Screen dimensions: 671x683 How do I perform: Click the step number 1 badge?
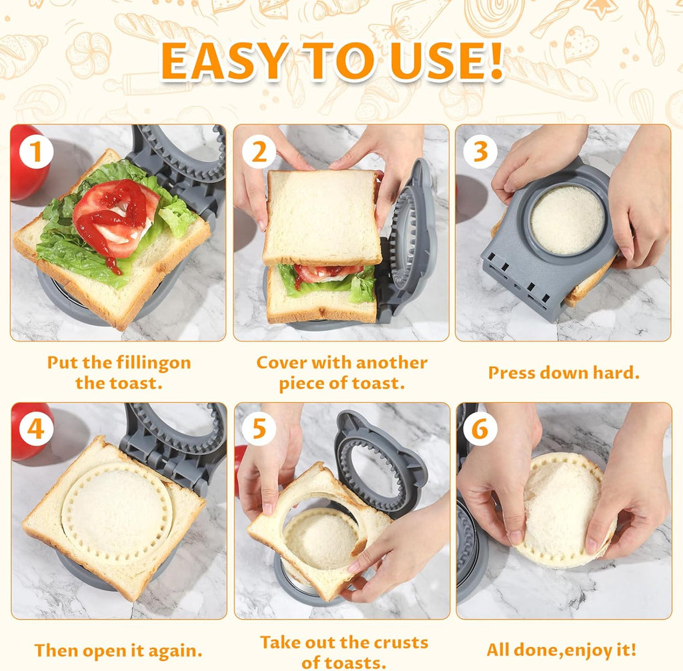pyautogui.click(x=35, y=152)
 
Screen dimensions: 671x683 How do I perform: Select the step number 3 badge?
pyautogui.click(x=480, y=152)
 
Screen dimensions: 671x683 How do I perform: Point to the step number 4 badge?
pyautogui.click(x=35, y=430)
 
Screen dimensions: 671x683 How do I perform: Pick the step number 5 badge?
pyautogui.click(x=258, y=430)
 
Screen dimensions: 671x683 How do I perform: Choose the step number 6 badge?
pyautogui.click(x=480, y=430)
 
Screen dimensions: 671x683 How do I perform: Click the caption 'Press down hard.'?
pyautogui.click(x=564, y=373)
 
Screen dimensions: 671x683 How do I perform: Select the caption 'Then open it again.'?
pyautogui.click(x=119, y=650)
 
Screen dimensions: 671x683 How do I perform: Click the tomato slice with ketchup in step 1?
pyautogui.click(x=113, y=217)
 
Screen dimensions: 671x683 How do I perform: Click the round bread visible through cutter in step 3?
pyautogui.click(x=567, y=220)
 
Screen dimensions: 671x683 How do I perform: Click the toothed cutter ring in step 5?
pyautogui.click(x=374, y=467)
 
